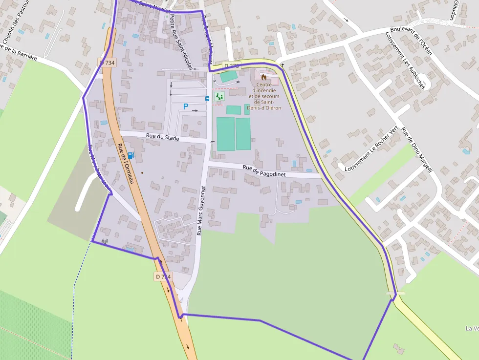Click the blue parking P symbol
point(186,106)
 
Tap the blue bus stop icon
point(207,99)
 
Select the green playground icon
point(219,97)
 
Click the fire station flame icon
point(264,77)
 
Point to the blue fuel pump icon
point(131,155)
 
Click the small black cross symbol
point(282,65)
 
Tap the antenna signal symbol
point(105,241)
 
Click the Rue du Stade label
point(163,138)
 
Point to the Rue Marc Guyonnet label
point(201,210)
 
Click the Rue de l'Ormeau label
point(126,164)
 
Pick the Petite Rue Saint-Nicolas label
point(180,41)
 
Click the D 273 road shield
point(232,65)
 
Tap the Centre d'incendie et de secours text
point(264,96)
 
